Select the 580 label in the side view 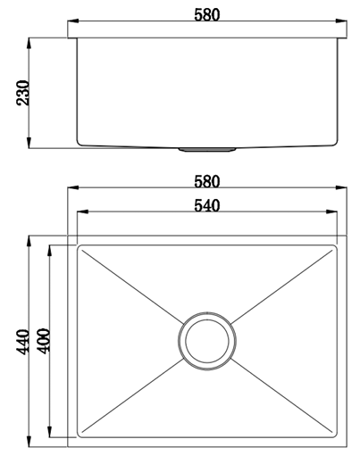[x=206, y=13]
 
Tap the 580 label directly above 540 [x=206, y=180]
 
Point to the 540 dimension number [x=206, y=205]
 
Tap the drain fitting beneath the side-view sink [x=207, y=150]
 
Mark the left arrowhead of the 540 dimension [x=80, y=213]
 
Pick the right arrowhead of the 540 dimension [x=334, y=213]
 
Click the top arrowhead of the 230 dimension [x=30, y=41]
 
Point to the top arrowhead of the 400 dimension [x=50, y=249]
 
